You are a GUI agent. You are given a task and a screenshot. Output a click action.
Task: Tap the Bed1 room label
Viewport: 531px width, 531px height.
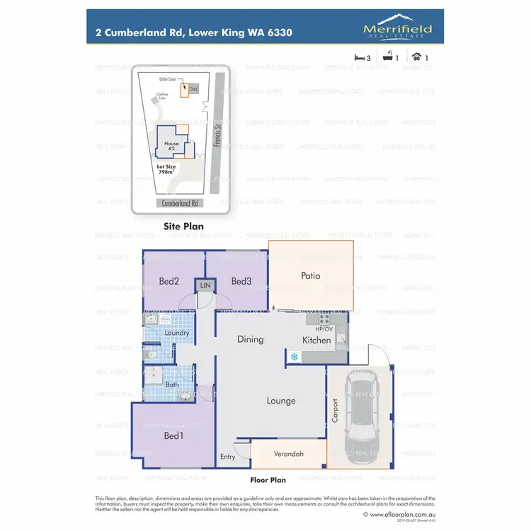point(173,435)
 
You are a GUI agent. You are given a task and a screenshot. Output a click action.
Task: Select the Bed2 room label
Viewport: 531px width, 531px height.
point(169,282)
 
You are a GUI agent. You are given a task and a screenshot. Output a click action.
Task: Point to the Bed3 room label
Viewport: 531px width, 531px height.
point(241,282)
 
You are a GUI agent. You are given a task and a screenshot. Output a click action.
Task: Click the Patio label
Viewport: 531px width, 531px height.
point(312,275)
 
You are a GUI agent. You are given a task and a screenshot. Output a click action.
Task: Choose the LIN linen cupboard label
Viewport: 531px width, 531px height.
point(205,285)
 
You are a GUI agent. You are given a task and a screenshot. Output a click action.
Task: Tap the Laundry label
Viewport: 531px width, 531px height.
point(176,333)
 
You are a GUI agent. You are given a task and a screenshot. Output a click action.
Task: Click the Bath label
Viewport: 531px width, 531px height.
point(172,384)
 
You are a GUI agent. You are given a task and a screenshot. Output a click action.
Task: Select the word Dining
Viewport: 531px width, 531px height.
point(250,339)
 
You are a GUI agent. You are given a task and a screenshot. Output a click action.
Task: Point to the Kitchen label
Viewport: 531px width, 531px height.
point(316,340)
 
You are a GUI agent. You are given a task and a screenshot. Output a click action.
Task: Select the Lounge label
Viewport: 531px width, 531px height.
point(280,401)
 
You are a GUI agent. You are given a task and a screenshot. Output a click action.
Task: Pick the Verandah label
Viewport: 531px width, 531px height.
point(288,454)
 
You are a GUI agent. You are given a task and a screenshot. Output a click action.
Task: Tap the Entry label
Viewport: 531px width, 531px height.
point(227,457)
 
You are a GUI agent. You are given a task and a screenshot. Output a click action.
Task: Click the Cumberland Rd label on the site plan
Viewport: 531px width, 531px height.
point(181,202)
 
